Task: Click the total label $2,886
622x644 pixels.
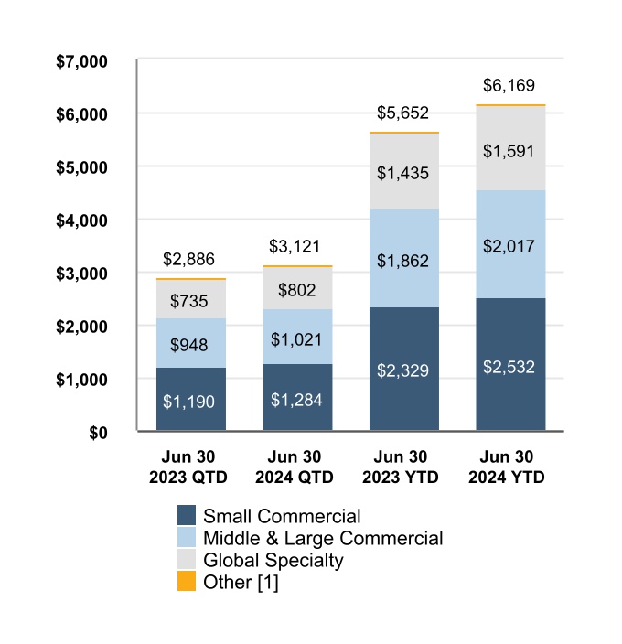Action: point(190,260)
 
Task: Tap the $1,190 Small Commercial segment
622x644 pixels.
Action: point(191,400)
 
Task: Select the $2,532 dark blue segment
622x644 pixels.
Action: point(510,365)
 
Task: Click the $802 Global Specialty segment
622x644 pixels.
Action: point(297,289)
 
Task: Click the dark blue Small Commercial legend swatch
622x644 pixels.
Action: point(188,516)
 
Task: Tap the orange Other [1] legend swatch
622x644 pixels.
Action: point(188,582)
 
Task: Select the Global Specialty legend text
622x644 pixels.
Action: point(273,560)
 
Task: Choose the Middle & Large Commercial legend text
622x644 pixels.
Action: point(323,538)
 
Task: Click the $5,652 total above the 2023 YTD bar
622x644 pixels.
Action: point(403,113)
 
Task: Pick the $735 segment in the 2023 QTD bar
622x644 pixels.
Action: point(191,300)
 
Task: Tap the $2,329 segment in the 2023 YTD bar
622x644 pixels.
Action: point(403,370)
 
